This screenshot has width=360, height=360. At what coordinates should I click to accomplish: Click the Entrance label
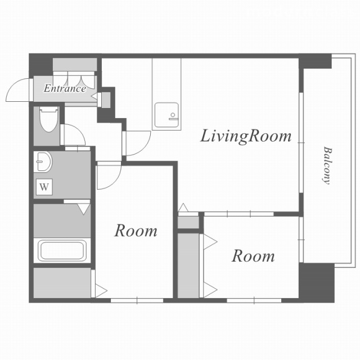[65, 88]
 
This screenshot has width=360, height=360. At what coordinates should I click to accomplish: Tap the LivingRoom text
[246, 136]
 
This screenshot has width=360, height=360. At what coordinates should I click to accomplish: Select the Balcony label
[327, 165]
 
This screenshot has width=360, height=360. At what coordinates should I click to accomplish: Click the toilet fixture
[48, 119]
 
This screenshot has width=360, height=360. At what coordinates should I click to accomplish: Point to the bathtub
[62, 250]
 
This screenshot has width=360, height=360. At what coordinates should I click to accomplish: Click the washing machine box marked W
[44, 187]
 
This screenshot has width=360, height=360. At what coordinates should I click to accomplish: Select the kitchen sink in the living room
[166, 115]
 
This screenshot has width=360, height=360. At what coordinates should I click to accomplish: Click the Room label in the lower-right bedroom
[253, 256]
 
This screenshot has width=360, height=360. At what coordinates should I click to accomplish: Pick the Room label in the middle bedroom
[136, 231]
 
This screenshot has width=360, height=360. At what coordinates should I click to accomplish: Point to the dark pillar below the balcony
[317, 283]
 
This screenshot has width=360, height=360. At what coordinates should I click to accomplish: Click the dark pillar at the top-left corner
[40, 65]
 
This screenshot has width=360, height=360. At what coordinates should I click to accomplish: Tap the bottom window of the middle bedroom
[137, 300]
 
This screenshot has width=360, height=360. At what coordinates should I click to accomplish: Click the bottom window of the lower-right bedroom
[254, 300]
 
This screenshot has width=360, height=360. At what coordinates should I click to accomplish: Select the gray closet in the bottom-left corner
[62, 283]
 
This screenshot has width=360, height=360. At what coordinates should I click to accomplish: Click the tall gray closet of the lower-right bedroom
[188, 265]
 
